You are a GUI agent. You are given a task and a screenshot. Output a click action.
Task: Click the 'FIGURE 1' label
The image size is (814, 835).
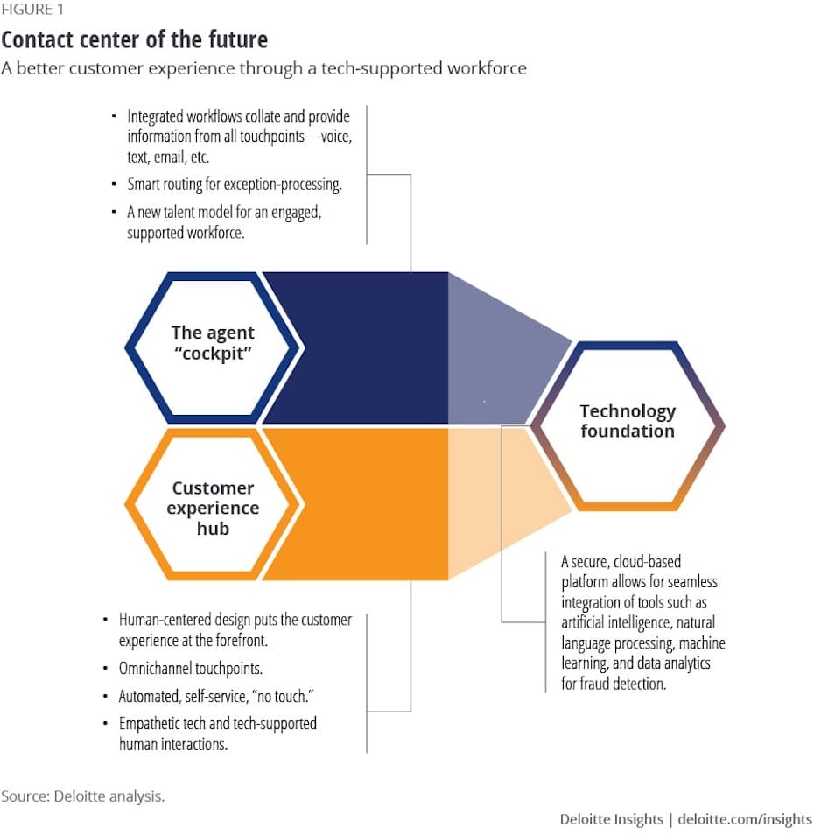click(32, 10)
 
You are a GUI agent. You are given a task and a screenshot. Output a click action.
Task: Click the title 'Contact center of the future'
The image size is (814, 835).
click(134, 39)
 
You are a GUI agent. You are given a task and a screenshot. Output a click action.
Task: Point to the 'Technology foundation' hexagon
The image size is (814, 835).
click(628, 426)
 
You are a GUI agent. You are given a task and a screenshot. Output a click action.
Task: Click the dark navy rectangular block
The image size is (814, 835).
click(355, 347)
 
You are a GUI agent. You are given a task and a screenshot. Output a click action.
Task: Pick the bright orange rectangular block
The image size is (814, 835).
click(355, 504)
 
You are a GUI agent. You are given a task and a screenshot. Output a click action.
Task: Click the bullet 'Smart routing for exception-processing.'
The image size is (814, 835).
click(235, 185)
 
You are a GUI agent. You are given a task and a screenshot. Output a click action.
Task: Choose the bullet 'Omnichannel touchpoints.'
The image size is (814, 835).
click(191, 669)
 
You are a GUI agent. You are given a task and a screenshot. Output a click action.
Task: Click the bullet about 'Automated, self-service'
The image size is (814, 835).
click(216, 696)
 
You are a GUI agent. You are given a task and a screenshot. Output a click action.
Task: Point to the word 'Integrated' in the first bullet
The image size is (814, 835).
click(155, 116)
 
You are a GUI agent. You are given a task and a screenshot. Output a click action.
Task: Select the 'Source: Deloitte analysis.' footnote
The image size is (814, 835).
click(83, 796)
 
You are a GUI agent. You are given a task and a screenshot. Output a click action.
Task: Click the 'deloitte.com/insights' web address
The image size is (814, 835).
click(745, 819)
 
